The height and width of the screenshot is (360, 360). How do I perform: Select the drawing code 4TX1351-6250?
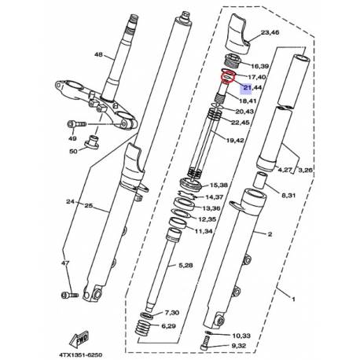coord(81,355)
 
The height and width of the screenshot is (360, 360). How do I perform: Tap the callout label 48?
coord(98,55)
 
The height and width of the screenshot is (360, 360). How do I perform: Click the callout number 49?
coord(72,138)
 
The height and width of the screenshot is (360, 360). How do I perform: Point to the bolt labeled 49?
coord(76,124)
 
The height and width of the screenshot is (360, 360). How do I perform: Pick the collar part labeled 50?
coord(92,141)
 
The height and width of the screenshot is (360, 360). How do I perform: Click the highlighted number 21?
coord(247,87)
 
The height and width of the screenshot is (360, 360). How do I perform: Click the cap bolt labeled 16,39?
coord(232,61)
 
